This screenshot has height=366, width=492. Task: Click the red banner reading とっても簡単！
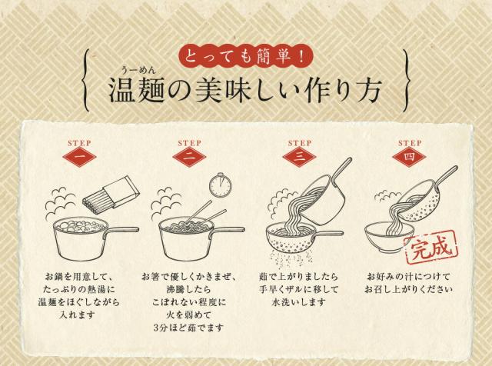click(x=246, y=56)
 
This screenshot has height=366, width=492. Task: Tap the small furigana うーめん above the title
click(x=139, y=70)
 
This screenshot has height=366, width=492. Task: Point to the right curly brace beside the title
click(x=407, y=81)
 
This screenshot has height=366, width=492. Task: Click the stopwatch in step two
click(x=221, y=185)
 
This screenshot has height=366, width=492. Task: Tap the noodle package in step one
click(x=111, y=193)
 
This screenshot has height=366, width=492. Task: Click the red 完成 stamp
click(x=430, y=248)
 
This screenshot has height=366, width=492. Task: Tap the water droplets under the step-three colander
click(x=291, y=258)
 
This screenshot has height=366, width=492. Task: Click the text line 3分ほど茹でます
click(x=188, y=328)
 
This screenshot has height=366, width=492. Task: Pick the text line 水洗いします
click(x=299, y=302)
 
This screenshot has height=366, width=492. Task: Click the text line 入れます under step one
click(x=77, y=314)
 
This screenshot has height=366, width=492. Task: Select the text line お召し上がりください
click(x=408, y=289)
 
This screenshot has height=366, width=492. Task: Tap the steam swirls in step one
click(x=61, y=204)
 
